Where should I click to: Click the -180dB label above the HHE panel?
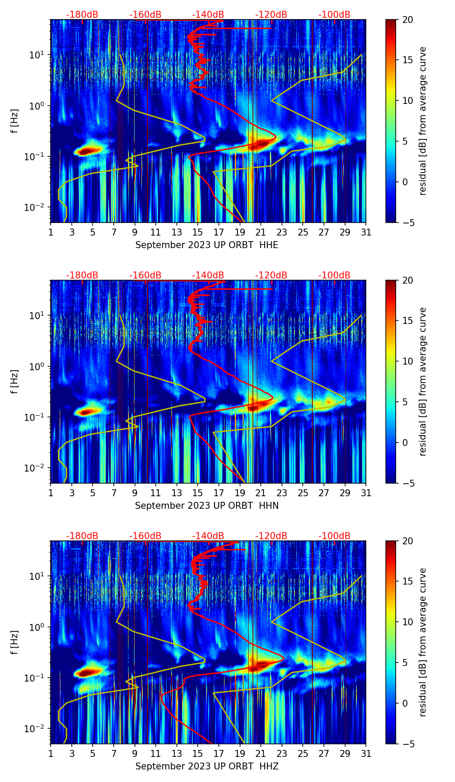[82, 15]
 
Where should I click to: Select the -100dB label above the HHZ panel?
[334, 536]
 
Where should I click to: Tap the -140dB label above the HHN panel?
[208, 275]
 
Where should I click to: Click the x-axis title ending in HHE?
[207, 245]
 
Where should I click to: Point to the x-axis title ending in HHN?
[207, 506]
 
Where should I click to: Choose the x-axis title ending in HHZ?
[207, 766]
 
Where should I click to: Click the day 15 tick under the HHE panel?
[198, 232]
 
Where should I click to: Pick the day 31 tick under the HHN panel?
[366, 493]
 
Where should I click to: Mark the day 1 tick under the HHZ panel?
[51, 753]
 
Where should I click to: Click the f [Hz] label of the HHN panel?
[15, 381]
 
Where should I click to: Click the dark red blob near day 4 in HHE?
[87, 151]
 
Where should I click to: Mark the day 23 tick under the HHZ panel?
[282, 753]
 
